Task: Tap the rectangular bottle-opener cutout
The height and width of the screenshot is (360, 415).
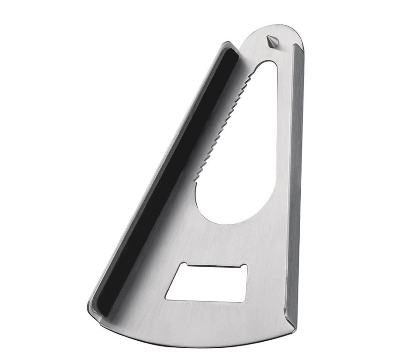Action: pyautogui.click(x=206, y=283)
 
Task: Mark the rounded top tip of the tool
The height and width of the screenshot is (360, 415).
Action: pyautogui.click(x=281, y=27)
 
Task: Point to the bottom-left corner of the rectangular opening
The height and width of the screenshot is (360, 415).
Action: pyautogui.click(x=166, y=299)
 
